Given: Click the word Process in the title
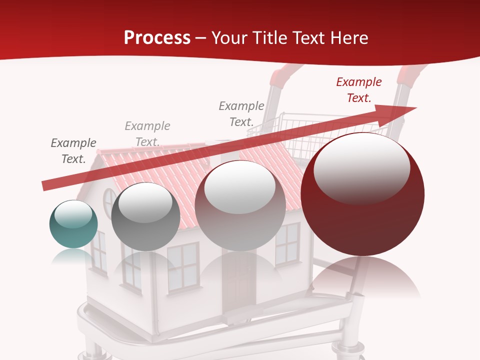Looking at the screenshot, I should pos(157,38).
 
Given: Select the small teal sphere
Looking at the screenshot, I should pos(73,224).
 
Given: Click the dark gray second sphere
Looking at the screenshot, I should pos(145,217).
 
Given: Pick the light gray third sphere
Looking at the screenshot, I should pos(240,206).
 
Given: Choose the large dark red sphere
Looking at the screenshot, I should pos(362,195).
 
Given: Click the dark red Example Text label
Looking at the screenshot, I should pos(359,90).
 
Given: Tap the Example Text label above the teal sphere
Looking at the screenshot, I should pos(73,151).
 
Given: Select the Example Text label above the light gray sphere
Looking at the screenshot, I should pos(241,114).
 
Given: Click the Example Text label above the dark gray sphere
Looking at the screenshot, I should pos(147,134).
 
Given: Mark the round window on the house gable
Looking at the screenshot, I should pos(109,204).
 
